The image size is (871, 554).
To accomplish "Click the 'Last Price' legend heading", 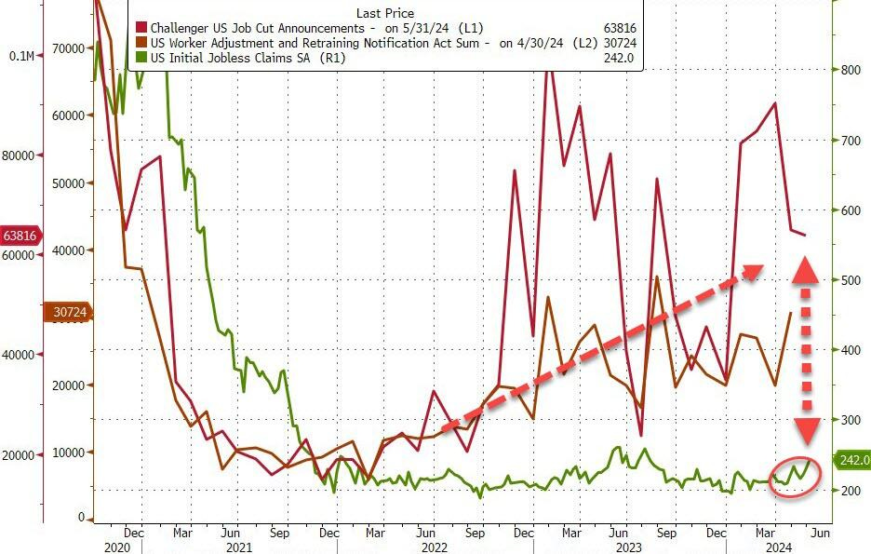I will click(384, 13).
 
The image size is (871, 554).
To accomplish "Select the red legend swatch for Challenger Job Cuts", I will click(141, 28).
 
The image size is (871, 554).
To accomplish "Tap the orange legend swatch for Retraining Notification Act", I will click(141, 43).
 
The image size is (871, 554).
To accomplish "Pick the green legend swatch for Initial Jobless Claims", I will click(141, 58).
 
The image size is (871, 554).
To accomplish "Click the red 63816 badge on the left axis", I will click(20, 235).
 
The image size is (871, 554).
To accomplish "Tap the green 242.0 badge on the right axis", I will click(853, 460).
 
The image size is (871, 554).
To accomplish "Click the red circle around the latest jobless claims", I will click(797, 475).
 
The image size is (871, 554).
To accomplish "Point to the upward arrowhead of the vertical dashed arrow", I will click(806, 267).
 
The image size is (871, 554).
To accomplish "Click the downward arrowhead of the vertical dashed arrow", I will click(806, 429).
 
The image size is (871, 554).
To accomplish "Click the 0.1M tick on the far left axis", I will click(20, 56).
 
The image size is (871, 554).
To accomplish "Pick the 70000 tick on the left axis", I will click(67, 47).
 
